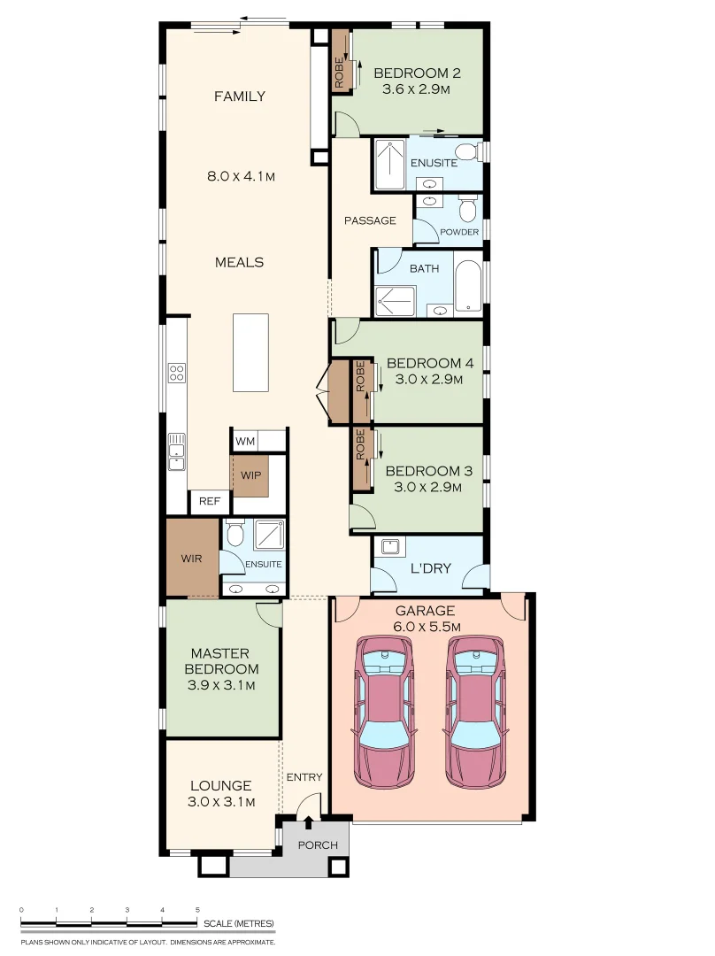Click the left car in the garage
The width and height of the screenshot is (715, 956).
point(385,711)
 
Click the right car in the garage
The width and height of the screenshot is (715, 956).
point(475,711)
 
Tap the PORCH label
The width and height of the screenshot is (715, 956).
point(318,845)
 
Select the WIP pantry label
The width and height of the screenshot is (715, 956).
point(250,475)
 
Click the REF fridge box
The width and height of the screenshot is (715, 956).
point(209,501)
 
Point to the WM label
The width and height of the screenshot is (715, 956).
point(245,441)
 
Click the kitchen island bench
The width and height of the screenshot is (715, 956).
point(250,352)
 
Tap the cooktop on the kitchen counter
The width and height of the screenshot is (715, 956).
point(177,373)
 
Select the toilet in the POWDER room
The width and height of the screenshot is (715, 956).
point(467,209)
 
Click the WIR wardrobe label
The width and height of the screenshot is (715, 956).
point(191,559)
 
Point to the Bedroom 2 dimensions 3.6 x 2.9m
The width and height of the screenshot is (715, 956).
point(416,89)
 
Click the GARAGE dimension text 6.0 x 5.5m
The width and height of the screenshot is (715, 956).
point(426,626)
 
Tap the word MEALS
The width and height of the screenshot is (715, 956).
point(240,262)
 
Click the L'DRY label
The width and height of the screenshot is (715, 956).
point(430,568)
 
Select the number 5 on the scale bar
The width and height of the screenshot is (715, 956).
point(197,910)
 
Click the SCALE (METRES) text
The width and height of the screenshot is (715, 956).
point(239,923)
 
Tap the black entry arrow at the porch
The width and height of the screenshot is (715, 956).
point(309,822)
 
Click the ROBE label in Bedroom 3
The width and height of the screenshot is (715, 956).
point(360,444)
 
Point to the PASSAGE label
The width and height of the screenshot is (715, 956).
point(370,220)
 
